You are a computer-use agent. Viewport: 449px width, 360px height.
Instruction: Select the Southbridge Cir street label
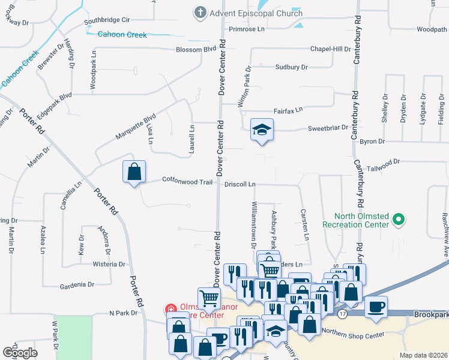(107, 20)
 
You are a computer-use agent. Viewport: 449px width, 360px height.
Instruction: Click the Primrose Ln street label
(246, 29)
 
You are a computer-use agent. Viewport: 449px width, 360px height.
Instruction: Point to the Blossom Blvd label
(196, 49)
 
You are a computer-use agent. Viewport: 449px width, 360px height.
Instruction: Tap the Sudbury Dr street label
(291, 67)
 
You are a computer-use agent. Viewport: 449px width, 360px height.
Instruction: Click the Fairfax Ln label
(288, 110)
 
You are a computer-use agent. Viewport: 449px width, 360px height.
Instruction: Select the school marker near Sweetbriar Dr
(262, 130)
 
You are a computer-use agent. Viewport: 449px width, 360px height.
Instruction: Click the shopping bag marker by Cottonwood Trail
(134, 172)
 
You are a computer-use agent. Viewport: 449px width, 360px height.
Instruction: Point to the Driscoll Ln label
(240, 184)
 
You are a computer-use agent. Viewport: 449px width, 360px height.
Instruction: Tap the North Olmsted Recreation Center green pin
(397, 220)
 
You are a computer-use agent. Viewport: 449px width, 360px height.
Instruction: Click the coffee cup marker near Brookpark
(376, 307)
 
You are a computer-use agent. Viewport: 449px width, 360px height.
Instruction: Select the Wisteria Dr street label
(109, 264)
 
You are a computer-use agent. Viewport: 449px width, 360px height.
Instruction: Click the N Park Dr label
(124, 313)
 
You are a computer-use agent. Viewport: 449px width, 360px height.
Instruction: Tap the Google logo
(20, 353)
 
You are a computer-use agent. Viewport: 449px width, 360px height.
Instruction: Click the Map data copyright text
(423, 355)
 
